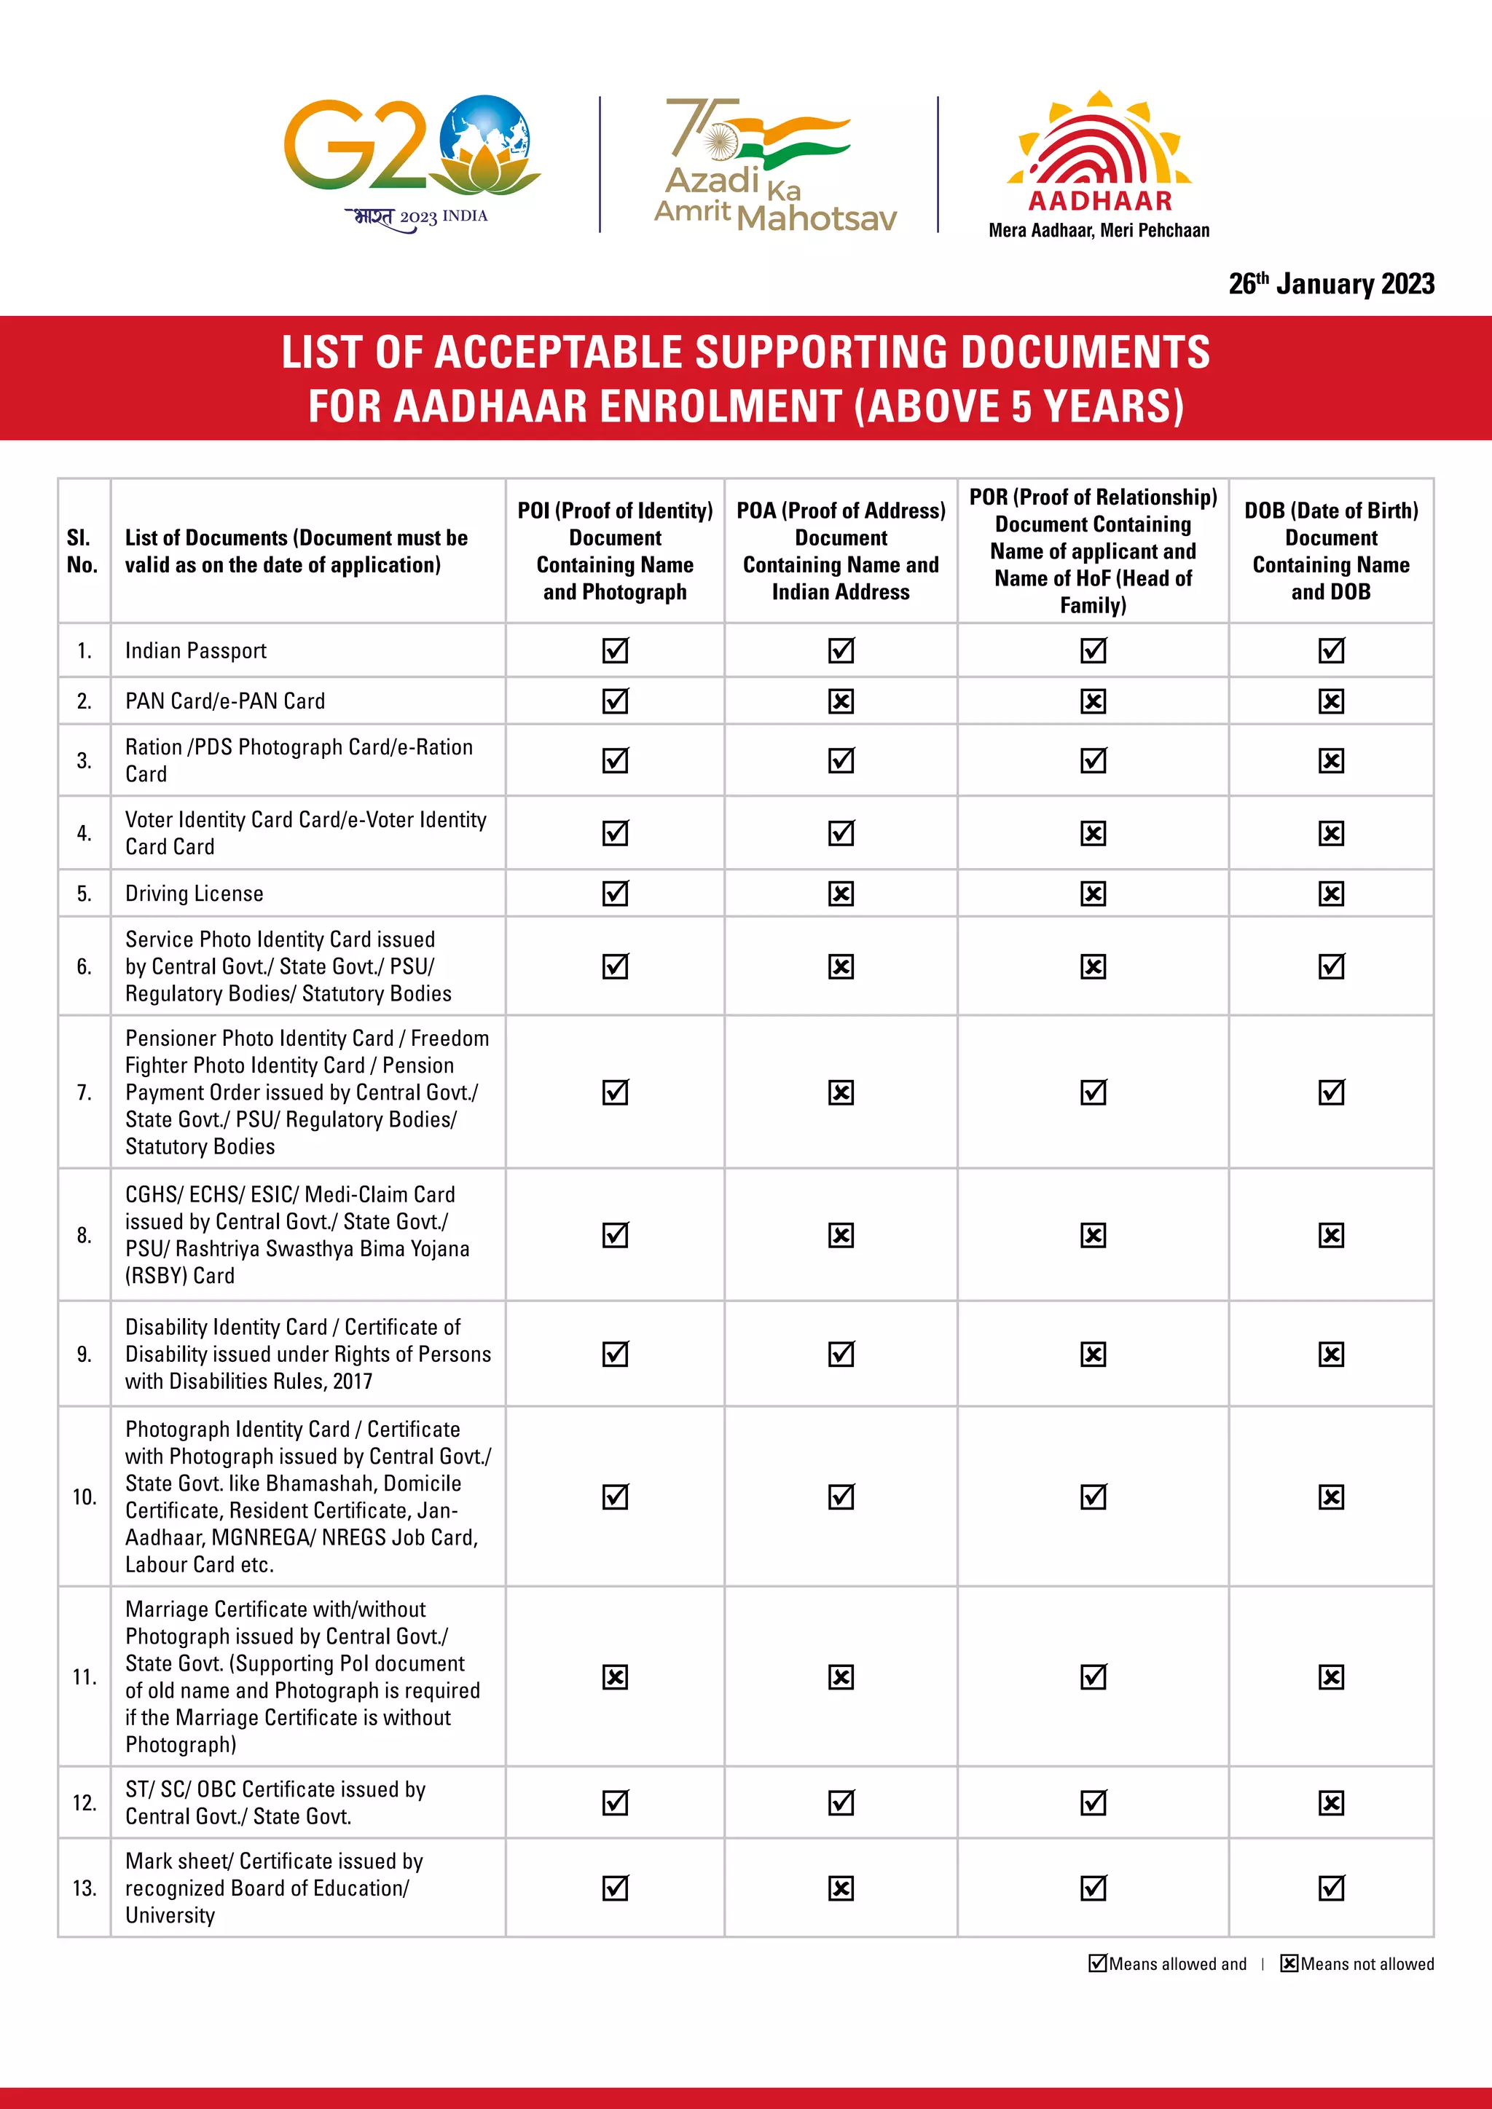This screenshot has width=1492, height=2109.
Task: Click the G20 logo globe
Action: [484, 138]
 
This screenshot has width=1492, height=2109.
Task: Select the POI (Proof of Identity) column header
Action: [615, 551]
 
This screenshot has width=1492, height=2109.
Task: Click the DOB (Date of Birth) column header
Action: [1330, 551]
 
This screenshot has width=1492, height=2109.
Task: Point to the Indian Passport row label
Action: [196, 650]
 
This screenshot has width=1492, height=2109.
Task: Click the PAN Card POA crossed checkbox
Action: [841, 701]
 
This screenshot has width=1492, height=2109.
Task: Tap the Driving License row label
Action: [194, 893]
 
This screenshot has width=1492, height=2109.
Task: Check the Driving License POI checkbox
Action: [615, 893]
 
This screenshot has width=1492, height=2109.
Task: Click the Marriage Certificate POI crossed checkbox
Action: [615, 1677]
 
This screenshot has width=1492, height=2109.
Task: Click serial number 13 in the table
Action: [84, 1888]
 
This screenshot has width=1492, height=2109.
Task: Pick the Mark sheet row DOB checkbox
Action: [1330, 1888]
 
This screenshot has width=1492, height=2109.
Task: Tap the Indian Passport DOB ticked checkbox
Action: [1330, 650]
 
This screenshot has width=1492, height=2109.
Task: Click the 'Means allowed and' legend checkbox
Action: [1097, 1963]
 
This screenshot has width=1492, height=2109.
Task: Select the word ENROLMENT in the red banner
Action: [714, 406]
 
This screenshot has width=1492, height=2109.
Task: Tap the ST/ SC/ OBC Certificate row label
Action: [275, 1802]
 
